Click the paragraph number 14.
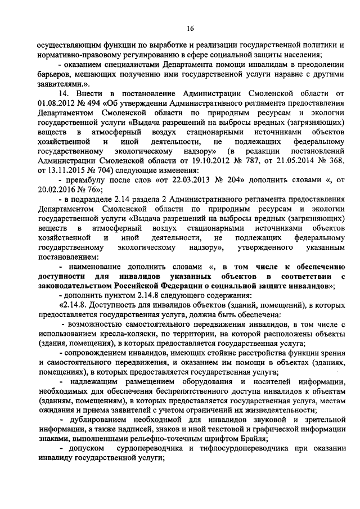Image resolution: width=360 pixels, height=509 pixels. [x=64, y=92]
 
